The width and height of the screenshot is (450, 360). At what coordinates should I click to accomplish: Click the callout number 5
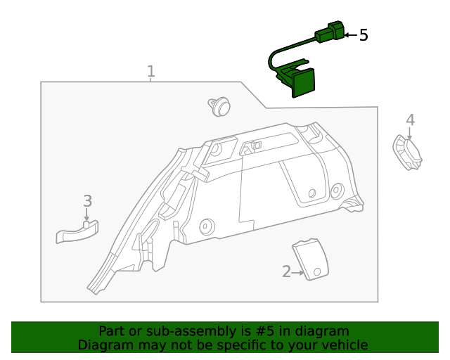364,35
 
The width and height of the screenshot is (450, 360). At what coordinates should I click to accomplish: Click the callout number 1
150,72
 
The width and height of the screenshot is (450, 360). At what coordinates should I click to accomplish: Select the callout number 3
87,200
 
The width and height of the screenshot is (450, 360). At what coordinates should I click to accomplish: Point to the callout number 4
410,120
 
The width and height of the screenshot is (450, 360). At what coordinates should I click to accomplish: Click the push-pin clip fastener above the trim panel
219,107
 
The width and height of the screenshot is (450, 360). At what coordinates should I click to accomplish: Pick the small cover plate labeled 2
310,258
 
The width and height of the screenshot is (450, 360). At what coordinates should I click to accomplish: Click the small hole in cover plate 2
316,271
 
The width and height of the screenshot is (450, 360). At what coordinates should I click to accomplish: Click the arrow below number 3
87,215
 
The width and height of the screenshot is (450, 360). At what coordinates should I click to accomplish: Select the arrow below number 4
410,134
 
